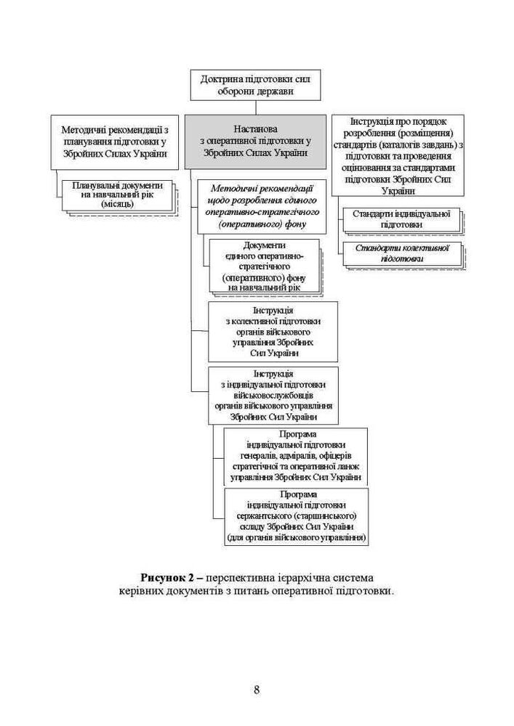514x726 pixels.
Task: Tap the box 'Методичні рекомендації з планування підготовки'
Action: coord(115,142)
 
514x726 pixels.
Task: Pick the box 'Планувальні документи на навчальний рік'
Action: coord(118,195)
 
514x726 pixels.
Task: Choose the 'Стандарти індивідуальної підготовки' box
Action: coord(401,219)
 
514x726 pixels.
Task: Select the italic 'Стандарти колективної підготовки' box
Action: coord(401,253)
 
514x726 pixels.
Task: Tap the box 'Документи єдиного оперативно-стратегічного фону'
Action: coord(265,266)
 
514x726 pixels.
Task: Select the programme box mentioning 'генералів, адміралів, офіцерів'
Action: coord(295,456)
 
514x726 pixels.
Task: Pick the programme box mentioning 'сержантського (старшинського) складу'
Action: coord(295,516)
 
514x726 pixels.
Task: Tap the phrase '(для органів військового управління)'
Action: coord(295,538)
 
